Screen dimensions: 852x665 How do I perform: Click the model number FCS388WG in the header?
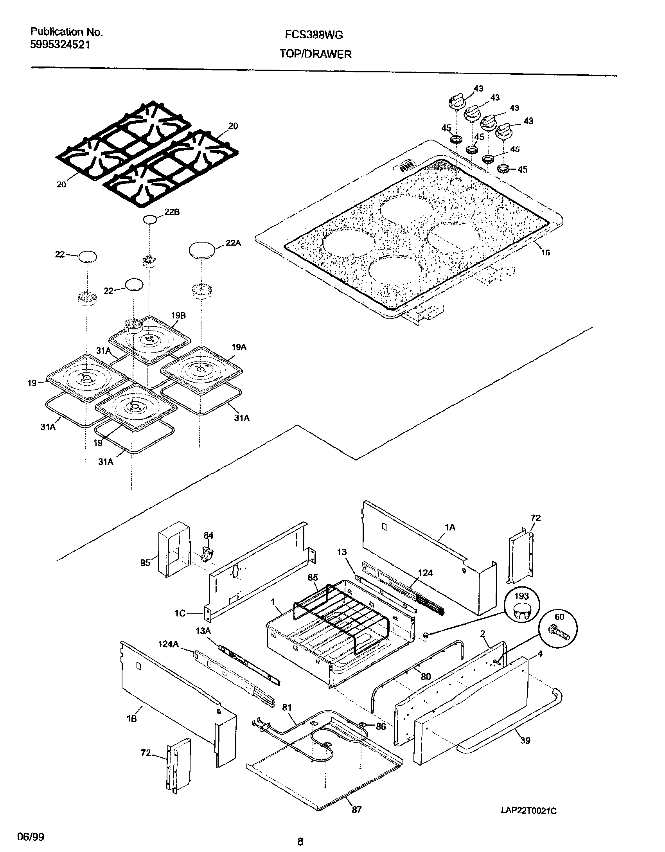(314, 35)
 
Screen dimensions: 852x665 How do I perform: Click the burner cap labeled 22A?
(202, 250)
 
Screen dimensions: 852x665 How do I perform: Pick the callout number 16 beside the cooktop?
(545, 253)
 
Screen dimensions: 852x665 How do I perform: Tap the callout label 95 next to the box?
(145, 563)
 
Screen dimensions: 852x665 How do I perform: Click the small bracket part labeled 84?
(207, 554)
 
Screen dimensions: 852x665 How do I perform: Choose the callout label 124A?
(168, 644)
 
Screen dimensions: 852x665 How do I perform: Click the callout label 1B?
(132, 719)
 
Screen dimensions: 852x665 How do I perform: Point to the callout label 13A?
(203, 631)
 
